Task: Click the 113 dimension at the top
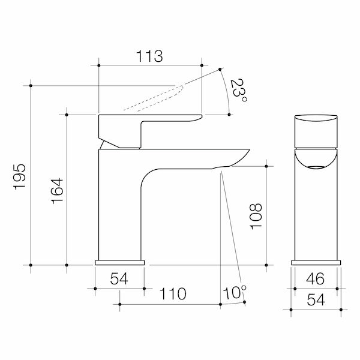pos(150,57)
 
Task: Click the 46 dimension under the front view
pos(316,278)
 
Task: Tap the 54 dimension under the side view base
pos(119,278)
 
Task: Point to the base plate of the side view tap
pos(120,262)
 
